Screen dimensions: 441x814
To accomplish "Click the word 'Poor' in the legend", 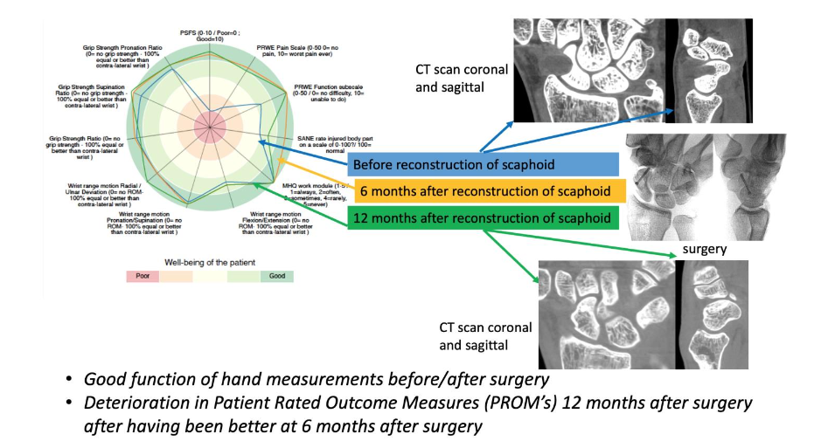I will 143,275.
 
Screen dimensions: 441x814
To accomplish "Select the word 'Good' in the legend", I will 276,275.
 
